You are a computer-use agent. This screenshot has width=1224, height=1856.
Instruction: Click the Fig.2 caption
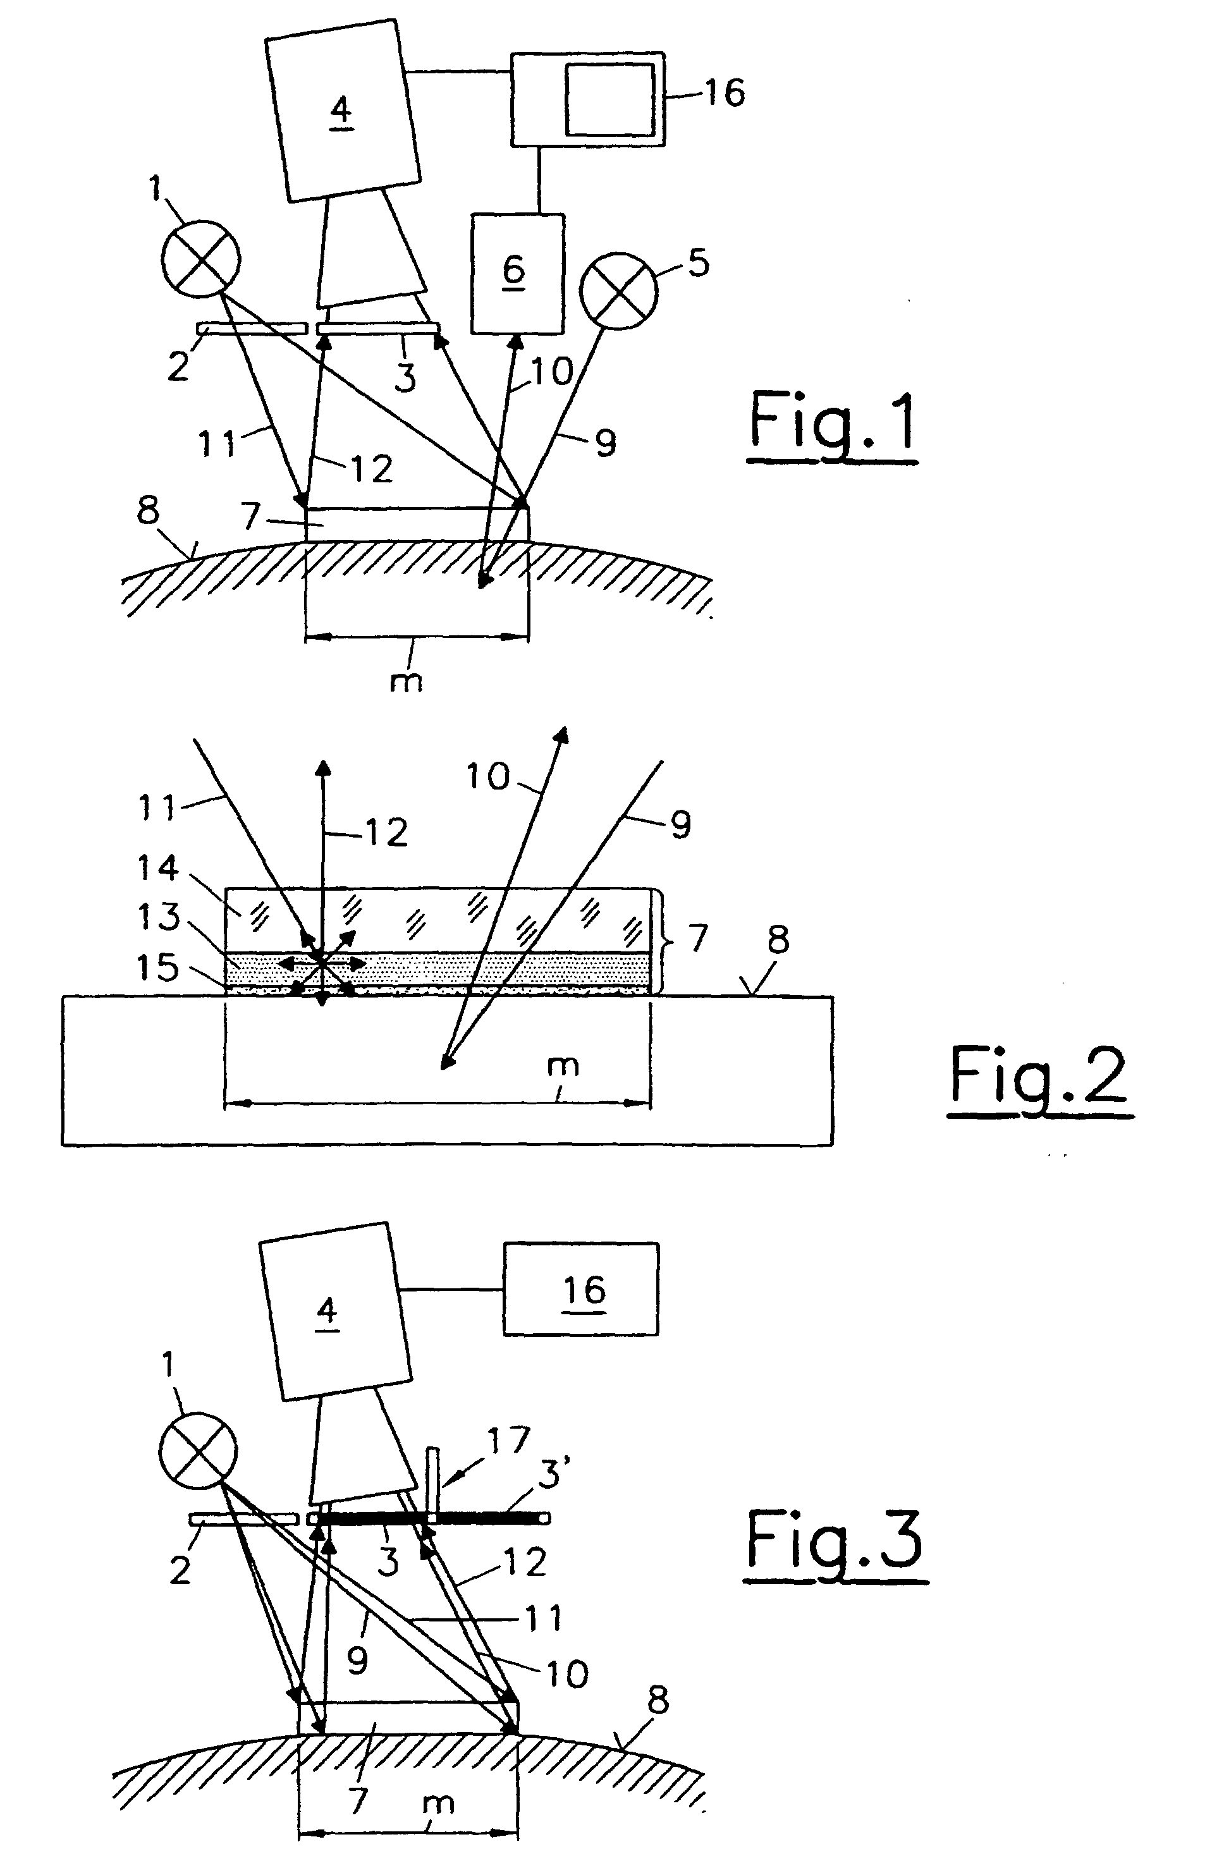1040,1077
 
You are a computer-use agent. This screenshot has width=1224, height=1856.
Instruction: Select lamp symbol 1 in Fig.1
200,259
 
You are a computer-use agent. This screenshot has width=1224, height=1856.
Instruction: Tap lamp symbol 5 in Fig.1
619,291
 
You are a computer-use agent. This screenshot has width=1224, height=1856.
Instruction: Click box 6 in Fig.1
516,273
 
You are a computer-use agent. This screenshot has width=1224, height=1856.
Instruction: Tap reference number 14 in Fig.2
159,868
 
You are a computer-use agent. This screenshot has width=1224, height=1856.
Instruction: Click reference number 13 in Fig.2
159,917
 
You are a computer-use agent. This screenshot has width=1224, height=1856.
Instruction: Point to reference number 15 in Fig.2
159,968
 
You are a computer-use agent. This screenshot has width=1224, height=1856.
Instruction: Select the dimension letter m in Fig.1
406,681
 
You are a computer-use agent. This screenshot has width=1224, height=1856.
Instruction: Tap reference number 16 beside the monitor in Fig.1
724,93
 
